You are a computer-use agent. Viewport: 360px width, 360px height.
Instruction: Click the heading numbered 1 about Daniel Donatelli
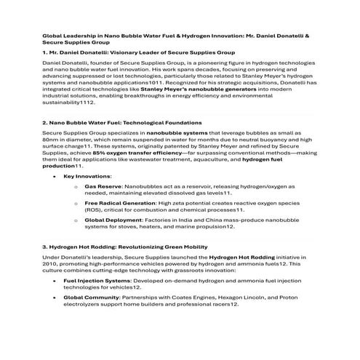(137, 54)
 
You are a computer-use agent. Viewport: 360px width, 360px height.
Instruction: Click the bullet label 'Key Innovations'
(87, 176)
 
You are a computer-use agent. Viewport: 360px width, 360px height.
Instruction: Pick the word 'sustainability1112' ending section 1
(65, 105)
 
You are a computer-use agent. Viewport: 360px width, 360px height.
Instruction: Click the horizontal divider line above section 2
(180, 114)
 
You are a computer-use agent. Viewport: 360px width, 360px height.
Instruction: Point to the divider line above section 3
(180, 237)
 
